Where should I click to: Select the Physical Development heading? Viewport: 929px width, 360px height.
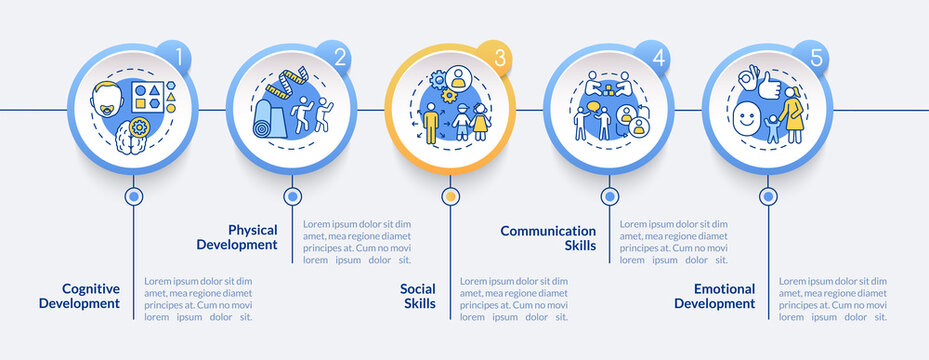237,236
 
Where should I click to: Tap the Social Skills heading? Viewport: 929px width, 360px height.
418,296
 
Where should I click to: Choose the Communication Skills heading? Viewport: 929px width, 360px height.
548,237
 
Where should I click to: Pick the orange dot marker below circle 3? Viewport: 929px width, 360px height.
449,197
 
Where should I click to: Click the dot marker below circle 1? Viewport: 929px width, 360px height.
133,197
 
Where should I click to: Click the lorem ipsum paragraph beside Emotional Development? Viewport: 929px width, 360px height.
832,298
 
